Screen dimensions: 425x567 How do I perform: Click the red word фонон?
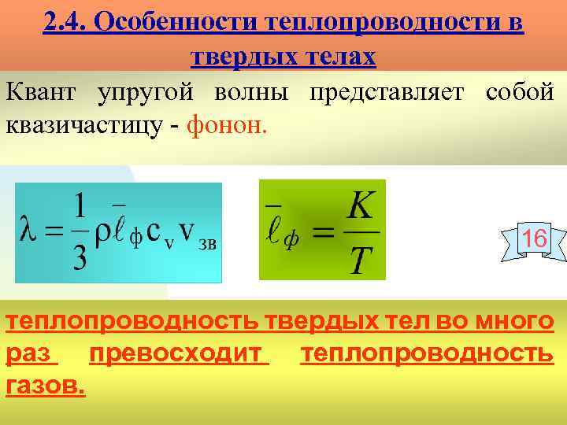[228, 126]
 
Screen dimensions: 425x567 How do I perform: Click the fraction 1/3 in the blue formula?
[80, 233]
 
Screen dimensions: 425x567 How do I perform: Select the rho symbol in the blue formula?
[103, 237]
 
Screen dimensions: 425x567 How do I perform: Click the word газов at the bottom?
[44, 386]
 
